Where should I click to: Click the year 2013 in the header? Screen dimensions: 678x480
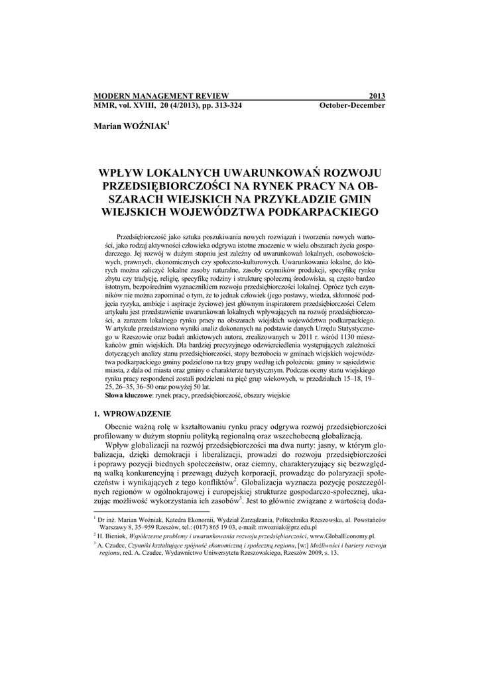[377, 96]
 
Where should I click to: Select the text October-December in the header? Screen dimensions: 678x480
[352, 105]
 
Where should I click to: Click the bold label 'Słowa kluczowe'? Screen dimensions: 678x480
[129, 395]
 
